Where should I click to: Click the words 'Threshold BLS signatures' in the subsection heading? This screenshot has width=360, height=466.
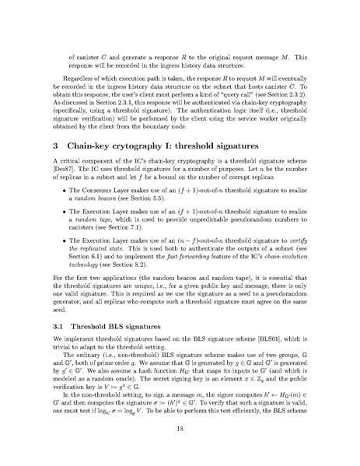pyautogui.click(x=124, y=338)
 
